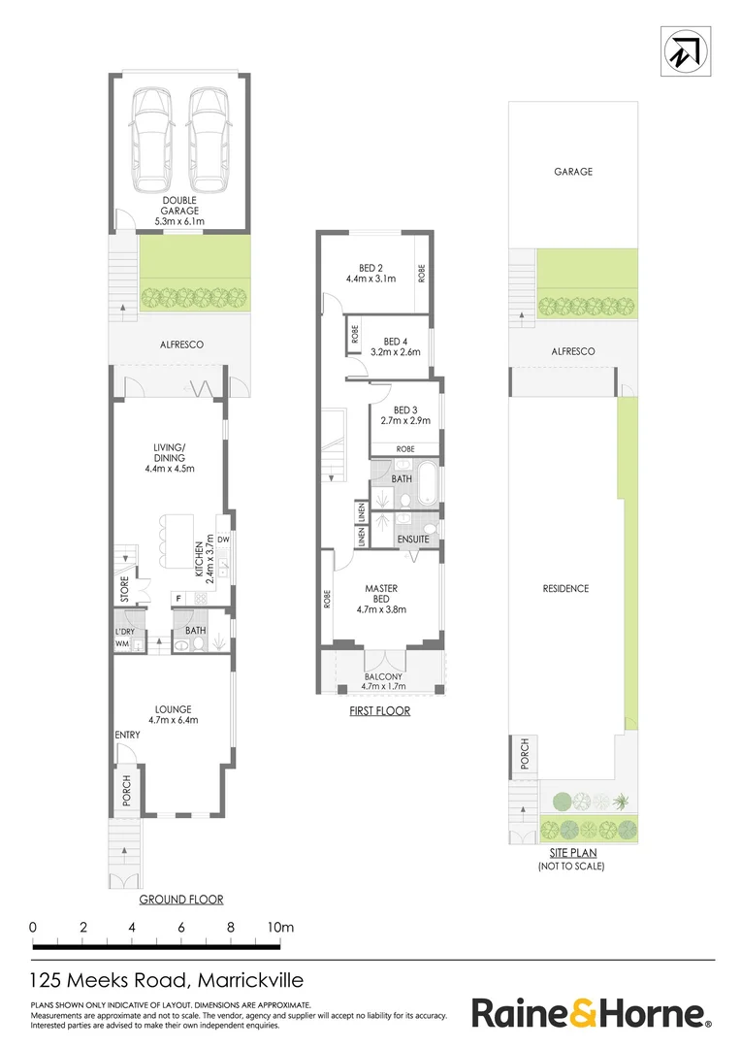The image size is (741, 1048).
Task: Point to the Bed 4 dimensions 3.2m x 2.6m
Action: tap(394, 352)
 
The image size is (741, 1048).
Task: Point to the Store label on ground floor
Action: tap(124, 592)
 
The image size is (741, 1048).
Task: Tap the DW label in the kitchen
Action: tap(222, 540)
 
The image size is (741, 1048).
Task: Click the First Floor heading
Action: tap(380, 711)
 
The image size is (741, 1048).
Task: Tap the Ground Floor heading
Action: tap(181, 900)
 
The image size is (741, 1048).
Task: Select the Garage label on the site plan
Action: tap(573, 172)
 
